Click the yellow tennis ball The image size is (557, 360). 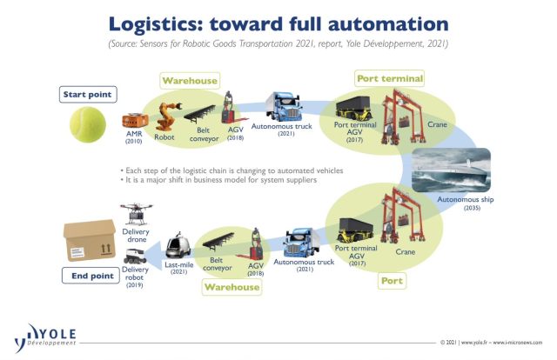click(x=88, y=124)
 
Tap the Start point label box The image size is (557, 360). click(x=88, y=95)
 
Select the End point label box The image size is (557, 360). click(x=91, y=276)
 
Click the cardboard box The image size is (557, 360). click(x=90, y=241)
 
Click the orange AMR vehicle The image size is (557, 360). click(x=135, y=120)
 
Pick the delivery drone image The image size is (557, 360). click(x=136, y=214)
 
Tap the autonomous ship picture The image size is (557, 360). click(x=451, y=170)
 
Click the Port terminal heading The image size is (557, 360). click(x=390, y=78)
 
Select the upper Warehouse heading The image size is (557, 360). click(x=190, y=81)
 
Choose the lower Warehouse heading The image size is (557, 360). click(x=232, y=287)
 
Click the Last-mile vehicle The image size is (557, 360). click(x=178, y=245)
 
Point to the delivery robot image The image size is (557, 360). click(x=135, y=257)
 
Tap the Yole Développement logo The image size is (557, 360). click(x=45, y=337)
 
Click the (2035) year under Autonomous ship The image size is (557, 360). click(x=472, y=208)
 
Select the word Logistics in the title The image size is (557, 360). click(x=156, y=24)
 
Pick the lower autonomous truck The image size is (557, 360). click(x=302, y=243)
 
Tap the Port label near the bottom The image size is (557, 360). click(x=392, y=281)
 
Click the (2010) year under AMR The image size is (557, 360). click(x=133, y=141)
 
